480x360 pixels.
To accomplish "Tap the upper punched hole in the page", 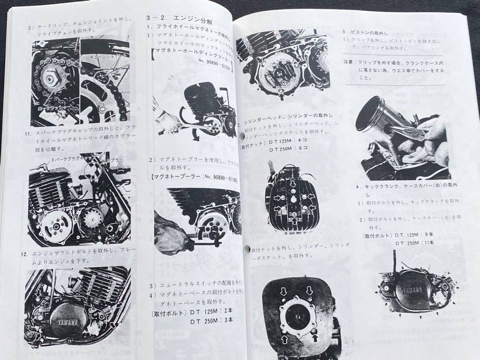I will point(242,136).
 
